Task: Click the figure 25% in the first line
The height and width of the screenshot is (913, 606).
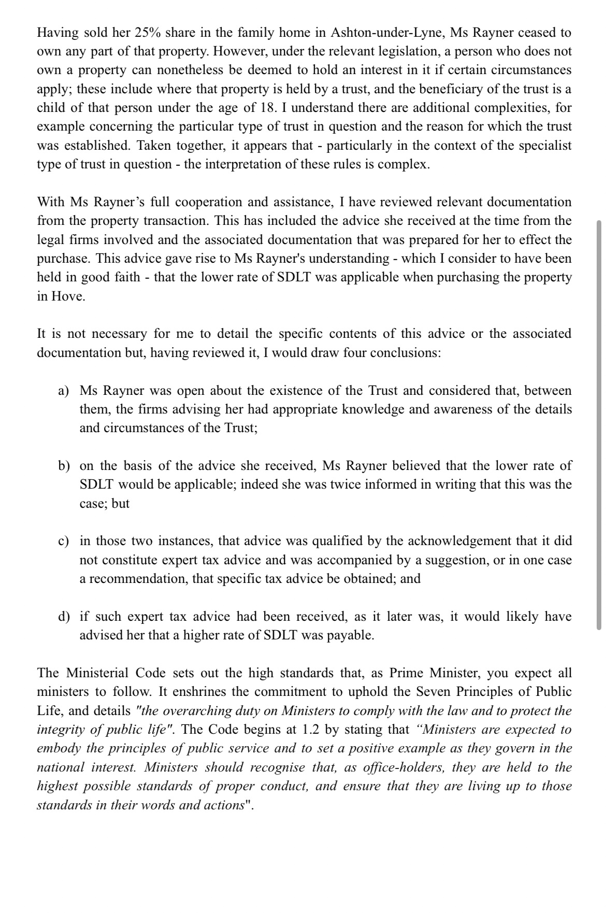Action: [147, 33]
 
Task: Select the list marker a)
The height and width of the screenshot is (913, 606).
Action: [64, 391]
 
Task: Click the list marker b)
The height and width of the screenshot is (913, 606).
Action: [64, 466]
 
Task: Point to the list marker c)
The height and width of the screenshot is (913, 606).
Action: [64, 541]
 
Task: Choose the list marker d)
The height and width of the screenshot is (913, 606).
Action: [64, 617]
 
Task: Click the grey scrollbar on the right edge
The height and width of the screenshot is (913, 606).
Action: [599, 425]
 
